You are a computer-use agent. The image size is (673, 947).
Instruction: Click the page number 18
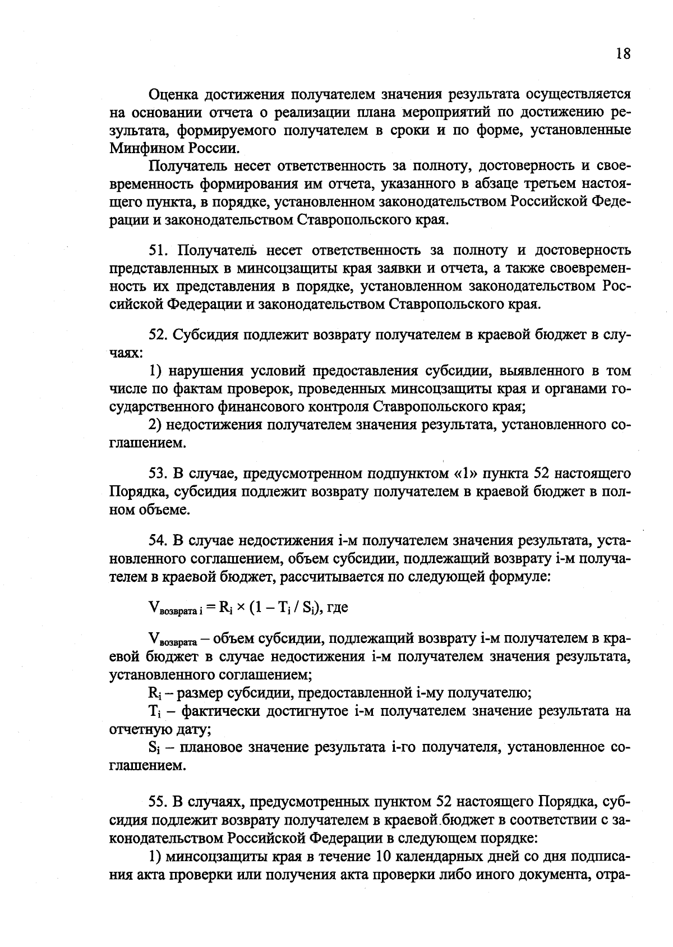click(x=623, y=53)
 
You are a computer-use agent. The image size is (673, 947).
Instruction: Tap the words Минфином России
click(x=170, y=149)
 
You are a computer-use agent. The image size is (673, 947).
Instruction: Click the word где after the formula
click(x=338, y=606)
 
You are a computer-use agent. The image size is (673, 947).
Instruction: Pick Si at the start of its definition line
click(x=154, y=748)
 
